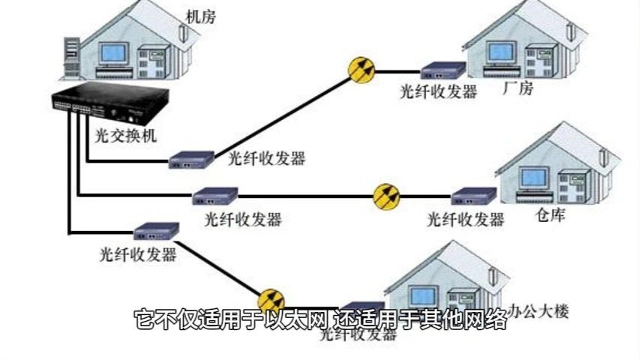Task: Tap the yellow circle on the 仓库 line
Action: pos(387,196)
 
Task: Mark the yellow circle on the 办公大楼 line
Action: pos(271,301)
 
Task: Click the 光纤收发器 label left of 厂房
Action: pos(439,91)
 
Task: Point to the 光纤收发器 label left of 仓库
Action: pos(465,220)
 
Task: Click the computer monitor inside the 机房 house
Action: pos(114,53)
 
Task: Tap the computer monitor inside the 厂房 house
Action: pos(501,52)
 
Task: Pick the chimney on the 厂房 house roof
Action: pos(572,33)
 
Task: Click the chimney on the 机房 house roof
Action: pos(183,30)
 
